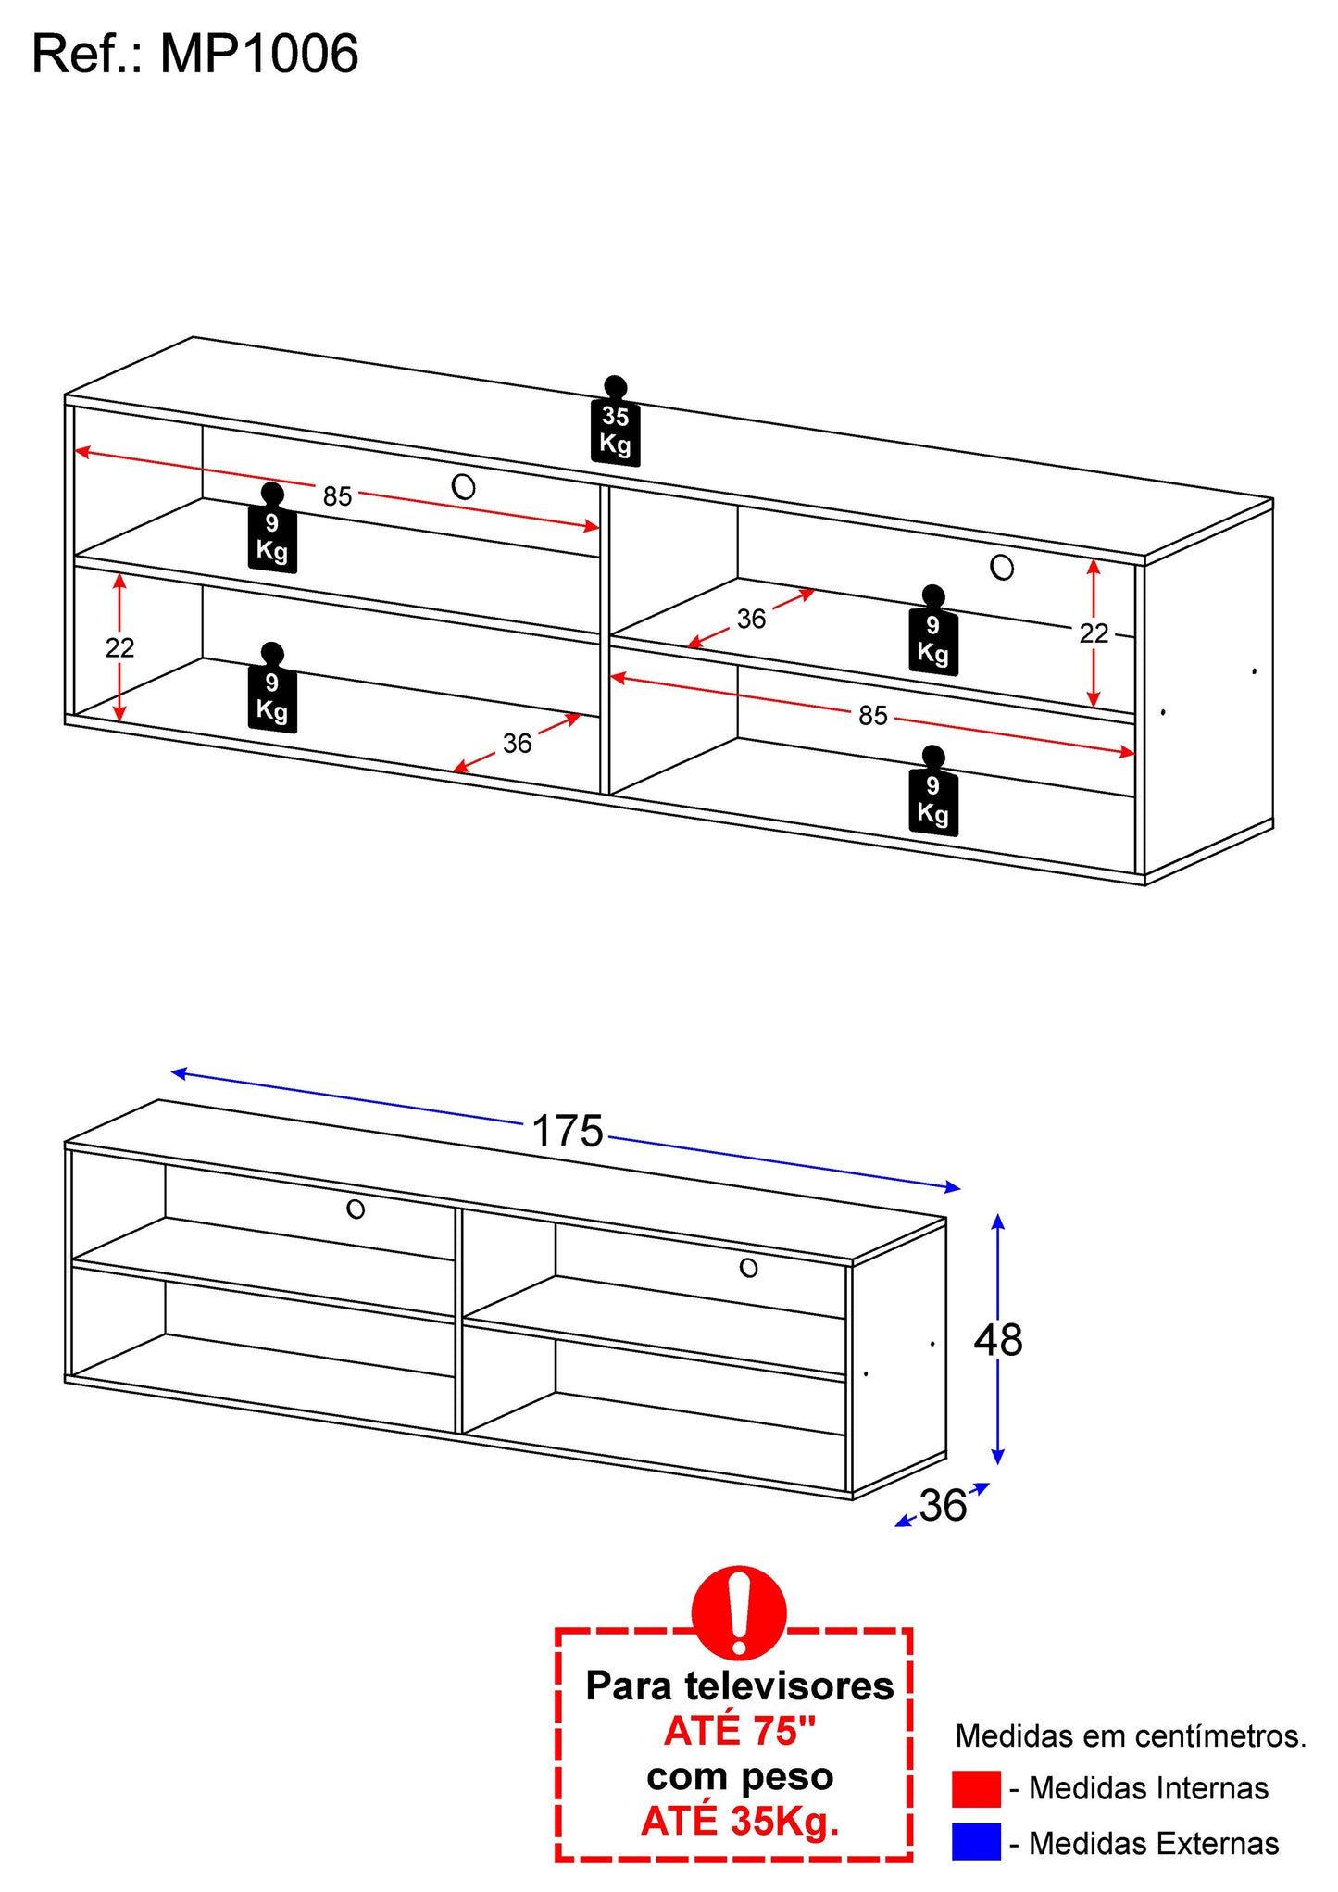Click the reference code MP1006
coord(259,54)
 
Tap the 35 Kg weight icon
coord(616,424)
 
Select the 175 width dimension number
coord(567,1132)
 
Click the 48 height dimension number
coord(998,1340)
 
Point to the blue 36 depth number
coord(943,1506)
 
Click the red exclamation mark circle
coord(739,1612)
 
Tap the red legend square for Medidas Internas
coord(976,1788)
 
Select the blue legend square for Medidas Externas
coord(976,1842)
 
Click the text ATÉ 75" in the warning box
coord(740,1731)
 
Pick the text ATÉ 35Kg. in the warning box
coord(740,1821)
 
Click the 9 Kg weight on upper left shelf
coord(272,532)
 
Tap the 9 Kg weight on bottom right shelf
coord(933,795)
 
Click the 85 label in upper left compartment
coord(337,497)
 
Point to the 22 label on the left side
coord(119,647)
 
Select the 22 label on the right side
coord(1094,633)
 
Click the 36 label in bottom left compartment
coord(517,744)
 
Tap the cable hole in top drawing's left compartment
coord(463,486)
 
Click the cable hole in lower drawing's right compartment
coord(748,1268)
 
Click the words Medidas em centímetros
coord(1130,1735)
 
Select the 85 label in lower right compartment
coord(872,716)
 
